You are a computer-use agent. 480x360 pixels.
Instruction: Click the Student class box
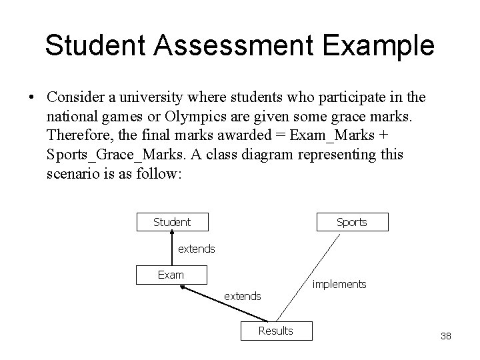click(172, 222)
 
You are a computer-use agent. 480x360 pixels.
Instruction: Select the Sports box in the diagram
click(352, 222)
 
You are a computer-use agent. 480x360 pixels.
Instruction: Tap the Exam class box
click(171, 274)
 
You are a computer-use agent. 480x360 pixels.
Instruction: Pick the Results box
click(275, 330)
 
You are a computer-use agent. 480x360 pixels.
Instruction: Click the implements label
click(339, 285)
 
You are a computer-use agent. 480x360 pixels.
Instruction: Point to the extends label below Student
click(197, 249)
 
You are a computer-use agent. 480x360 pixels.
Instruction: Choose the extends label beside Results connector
click(243, 295)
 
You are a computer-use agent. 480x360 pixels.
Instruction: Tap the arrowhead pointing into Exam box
click(185, 288)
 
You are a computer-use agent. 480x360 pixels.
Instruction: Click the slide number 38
click(446, 336)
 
